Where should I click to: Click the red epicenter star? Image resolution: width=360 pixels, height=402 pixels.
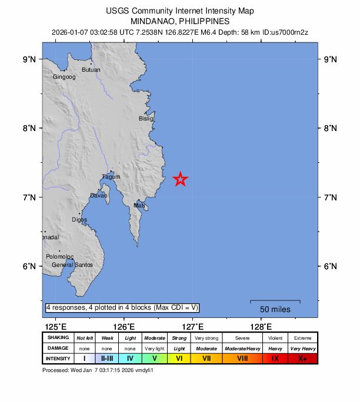(181, 179)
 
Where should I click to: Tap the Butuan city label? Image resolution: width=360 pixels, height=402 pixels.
(91, 70)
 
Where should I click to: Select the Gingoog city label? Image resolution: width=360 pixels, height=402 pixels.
(64, 77)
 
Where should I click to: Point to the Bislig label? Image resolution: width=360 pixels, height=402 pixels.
(146, 119)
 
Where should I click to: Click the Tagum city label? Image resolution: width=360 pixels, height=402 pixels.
(111, 177)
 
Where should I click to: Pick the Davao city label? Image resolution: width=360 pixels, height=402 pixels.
(98, 196)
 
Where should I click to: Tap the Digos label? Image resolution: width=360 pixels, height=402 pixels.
(79, 220)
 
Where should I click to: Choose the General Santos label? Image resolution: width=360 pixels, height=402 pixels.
(72, 265)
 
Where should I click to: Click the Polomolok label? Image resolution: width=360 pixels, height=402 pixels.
(60, 257)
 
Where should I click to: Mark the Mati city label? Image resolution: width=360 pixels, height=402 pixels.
(139, 206)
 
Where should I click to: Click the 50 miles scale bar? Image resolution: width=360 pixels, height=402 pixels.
(275, 302)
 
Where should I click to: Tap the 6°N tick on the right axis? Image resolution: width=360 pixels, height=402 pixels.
(331, 266)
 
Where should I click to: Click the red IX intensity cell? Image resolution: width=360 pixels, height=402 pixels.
(275, 358)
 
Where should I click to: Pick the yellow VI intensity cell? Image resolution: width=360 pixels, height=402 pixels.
(179, 358)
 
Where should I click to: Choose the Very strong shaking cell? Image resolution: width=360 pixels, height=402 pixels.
(206, 339)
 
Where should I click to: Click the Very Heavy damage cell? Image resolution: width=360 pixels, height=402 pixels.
(302, 349)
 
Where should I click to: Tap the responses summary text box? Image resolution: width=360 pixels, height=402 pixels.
(122, 307)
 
